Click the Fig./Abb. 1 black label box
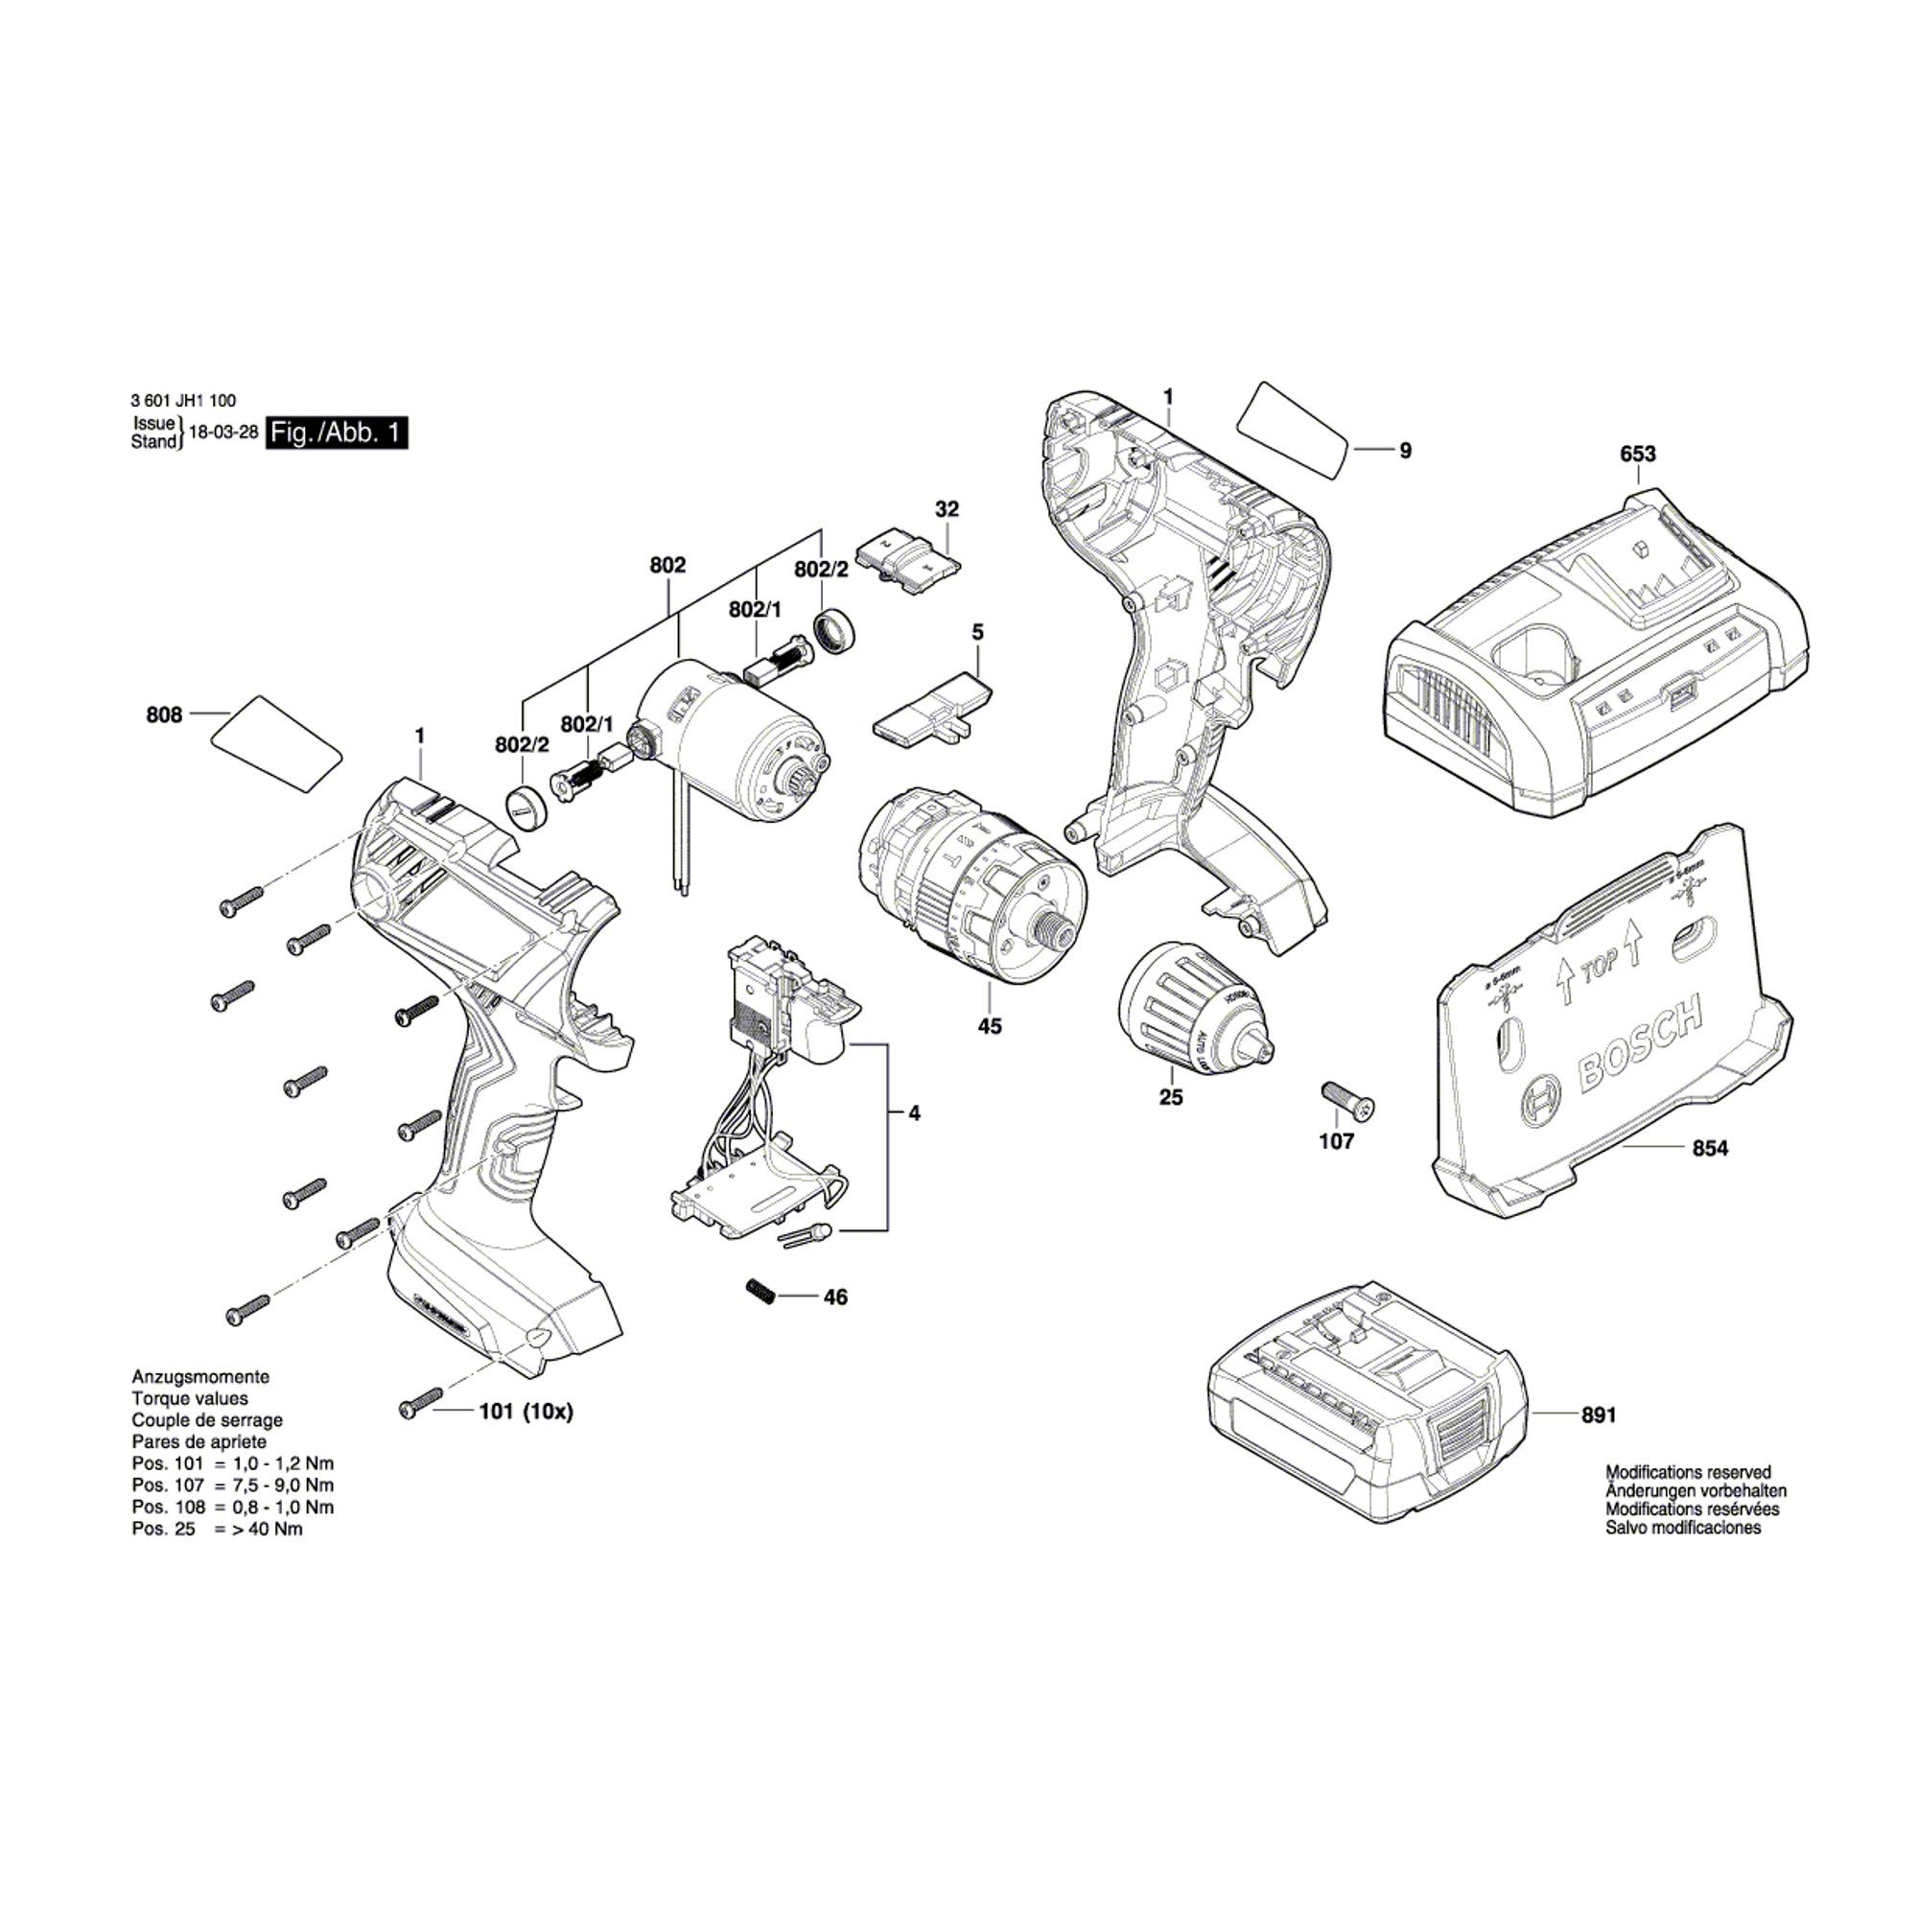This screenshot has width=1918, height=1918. (338, 433)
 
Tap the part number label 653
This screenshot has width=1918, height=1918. (1637, 454)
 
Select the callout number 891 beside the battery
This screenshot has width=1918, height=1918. (1599, 1415)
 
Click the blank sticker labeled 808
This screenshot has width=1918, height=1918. (277, 743)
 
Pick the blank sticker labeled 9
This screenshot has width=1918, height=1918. (1293, 430)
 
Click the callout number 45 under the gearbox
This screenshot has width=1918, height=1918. (989, 1026)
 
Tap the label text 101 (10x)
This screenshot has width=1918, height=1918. (526, 1412)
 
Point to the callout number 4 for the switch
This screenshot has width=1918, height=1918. (913, 1113)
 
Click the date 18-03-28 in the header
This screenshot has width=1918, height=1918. (223, 433)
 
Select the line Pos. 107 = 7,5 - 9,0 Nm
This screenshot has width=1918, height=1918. (232, 1486)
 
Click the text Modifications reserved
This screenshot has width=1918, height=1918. (1688, 1473)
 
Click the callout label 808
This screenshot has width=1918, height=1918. (164, 714)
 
